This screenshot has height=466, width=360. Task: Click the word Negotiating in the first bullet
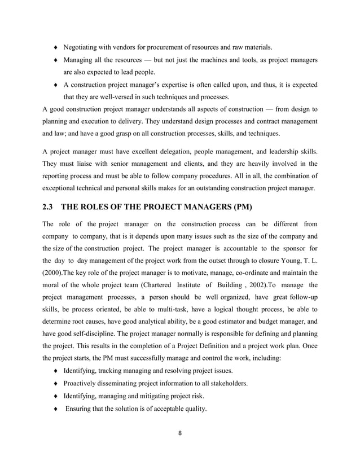click(83, 46)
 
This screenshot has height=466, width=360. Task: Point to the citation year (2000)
click(56, 275)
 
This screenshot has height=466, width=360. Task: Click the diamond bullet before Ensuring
click(54, 409)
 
